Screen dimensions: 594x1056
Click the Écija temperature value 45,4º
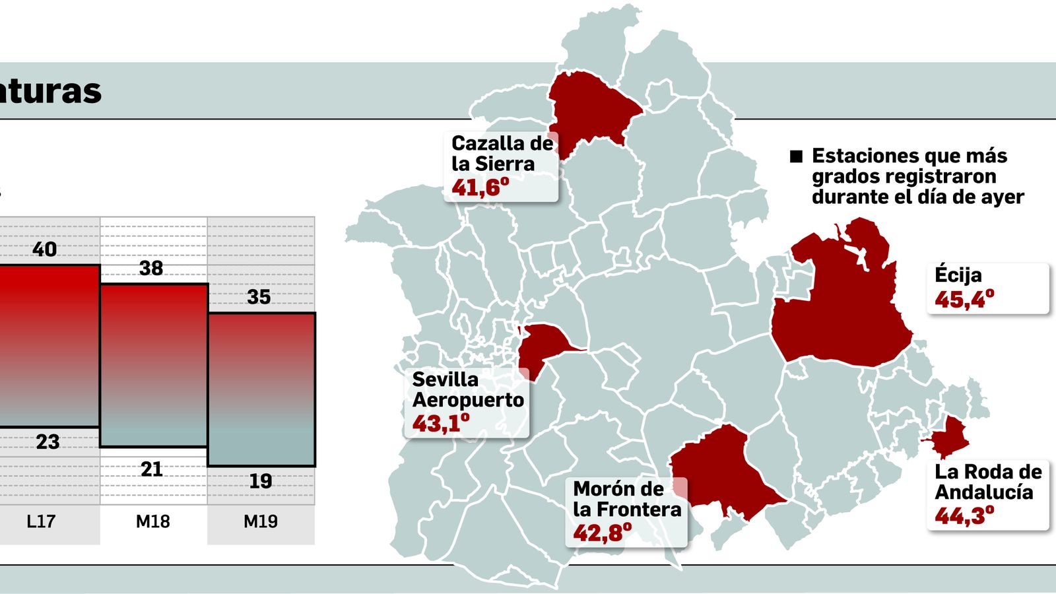tap(964, 300)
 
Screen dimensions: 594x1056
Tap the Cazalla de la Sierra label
tap(502, 153)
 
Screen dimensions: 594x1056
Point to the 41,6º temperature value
tap(480, 187)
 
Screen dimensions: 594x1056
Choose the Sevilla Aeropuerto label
tap(468, 389)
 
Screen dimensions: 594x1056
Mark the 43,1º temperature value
tap(440, 423)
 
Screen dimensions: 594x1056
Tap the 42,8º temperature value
tap(601, 532)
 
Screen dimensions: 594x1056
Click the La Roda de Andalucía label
tap(988, 482)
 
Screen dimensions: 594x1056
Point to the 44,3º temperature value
tap(964, 515)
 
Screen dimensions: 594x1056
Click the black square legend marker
tap(797, 156)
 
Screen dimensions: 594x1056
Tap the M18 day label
tap(152, 521)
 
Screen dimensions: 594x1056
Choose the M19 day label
tap(261, 521)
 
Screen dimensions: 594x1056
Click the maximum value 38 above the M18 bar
tap(151, 268)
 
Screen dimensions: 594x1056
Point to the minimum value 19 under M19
tap(260, 481)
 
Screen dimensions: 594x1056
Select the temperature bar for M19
tap(261, 389)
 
